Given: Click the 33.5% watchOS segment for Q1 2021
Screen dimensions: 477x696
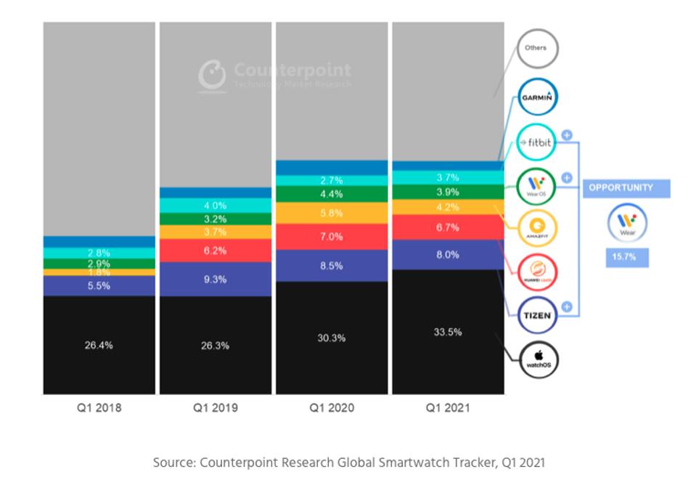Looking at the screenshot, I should pyautogui.click(x=448, y=332).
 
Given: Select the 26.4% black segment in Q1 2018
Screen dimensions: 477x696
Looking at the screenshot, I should pyautogui.click(x=99, y=345).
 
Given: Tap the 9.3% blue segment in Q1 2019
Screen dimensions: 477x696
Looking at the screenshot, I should pyautogui.click(x=215, y=279).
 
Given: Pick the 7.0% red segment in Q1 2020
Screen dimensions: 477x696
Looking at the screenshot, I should pyautogui.click(x=332, y=237).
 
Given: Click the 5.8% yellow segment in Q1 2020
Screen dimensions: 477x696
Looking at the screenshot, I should pyautogui.click(x=332, y=213).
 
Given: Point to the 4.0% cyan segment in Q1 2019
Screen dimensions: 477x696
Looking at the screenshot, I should pyautogui.click(x=215, y=205).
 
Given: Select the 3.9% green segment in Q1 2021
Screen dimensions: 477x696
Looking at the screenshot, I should pyautogui.click(x=448, y=191).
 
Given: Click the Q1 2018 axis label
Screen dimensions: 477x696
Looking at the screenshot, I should pyautogui.click(x=99, y=408).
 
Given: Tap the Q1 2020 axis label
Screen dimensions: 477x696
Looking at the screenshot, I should pyautogui.click(x=332, y=408).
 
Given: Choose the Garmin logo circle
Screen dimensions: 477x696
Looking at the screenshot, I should pyautogui.click(x=537, y=97).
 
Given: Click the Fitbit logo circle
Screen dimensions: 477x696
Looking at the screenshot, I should pyautogui.click(x=537, y=144).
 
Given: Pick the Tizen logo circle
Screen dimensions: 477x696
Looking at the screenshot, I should pyautogui.click(x=537, y=316).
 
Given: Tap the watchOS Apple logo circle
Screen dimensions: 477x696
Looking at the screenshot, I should pyautogui.click(x=539, y=360).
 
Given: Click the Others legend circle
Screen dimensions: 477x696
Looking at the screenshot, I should pyautogui.click(x=537, y=49).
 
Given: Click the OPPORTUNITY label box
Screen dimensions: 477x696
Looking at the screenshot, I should pyautogui.click(x=626, y=188).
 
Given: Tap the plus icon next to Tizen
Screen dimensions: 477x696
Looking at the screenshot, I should pyautogui.click(x=568, y=307).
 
